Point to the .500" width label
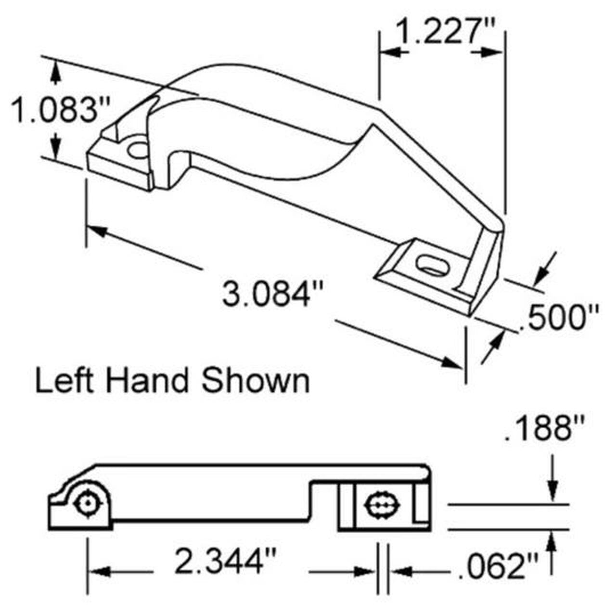(559, 318)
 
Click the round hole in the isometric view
(139, 150)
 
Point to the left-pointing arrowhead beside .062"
(400, 572)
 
